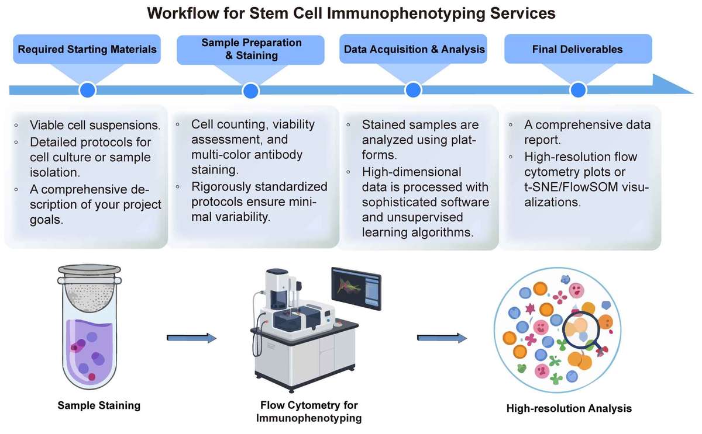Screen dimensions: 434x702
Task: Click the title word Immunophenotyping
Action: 392,13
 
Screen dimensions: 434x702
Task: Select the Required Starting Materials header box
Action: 87,50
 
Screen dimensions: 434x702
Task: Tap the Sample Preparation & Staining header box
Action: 251,50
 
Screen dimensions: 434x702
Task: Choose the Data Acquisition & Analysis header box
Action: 414,50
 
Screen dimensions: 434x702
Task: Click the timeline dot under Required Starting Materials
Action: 87,90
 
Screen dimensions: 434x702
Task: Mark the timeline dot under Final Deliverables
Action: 578,90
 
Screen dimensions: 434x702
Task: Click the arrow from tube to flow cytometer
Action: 191,338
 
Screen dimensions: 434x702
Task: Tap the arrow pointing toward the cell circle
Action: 442,338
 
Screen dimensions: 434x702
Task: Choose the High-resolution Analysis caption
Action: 569,409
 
